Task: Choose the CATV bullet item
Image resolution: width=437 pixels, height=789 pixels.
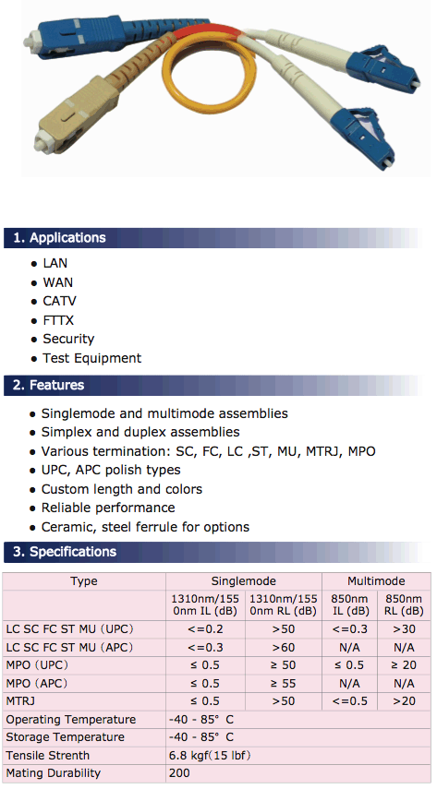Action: point(59,301)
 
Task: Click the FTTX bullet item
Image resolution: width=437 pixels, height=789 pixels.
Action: point(58,320)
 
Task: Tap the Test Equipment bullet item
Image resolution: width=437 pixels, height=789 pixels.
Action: point(91,358)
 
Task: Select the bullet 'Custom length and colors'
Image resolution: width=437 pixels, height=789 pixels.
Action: point(122,489)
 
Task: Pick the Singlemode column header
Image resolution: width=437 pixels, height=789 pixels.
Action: point(244,581)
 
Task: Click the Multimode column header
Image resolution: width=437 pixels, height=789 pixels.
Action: point(376,581)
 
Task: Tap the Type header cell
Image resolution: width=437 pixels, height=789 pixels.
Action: point(84,581)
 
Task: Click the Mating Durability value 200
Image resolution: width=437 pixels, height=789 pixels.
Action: point(179,773)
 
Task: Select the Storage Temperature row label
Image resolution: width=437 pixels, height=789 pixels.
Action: point(65,737)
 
